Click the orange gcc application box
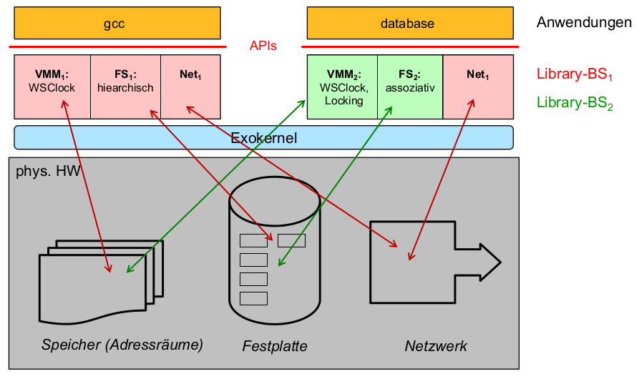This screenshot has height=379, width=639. (x=117, y=24)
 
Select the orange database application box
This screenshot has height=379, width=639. (x=410, y=24)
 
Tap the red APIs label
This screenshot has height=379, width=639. (x=263, y=46)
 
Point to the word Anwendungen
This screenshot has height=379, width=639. (x=584, y=23)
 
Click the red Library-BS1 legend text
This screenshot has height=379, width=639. (x=575, y=74)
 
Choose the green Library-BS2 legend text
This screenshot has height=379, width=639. (x=575, y=104)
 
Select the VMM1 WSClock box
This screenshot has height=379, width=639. (x=52, y=86)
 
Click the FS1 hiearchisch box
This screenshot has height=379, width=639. (x=125, y=86)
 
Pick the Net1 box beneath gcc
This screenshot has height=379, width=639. (x=190, y=86)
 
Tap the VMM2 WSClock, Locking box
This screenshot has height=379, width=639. (x=342, y=86)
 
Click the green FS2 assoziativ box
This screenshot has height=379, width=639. (x=410, y=86)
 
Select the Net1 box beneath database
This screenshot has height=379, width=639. (x=479, y=86)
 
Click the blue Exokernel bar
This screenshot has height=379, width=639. (x=263, y=137)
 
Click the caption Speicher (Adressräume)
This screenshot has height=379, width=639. (x=122, y=345)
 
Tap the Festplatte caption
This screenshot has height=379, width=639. (x=275, y=346)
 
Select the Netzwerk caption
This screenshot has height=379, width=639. (x=436, y=346)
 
